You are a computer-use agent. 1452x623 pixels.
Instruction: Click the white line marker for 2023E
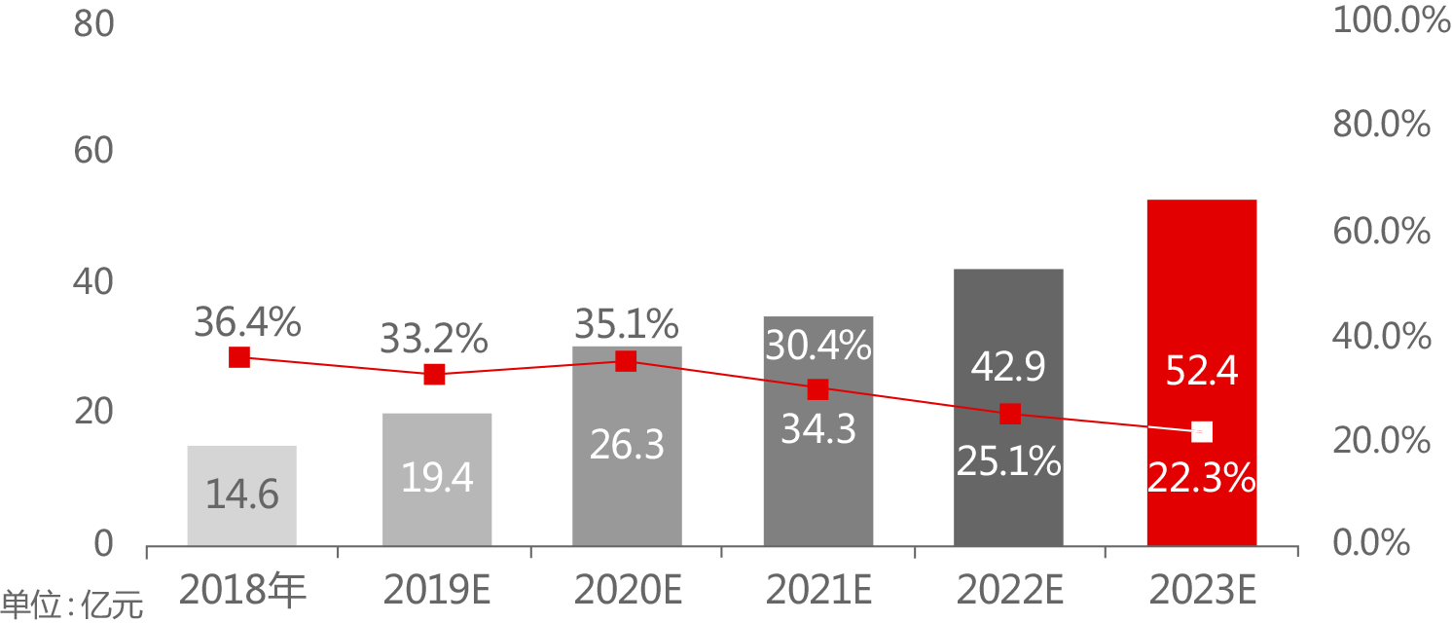pos(1202,431)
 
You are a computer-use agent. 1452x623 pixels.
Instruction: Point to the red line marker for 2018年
pos(239,357)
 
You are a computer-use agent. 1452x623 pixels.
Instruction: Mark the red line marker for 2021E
pos(817,389)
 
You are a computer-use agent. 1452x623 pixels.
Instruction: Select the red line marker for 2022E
pos(1010,414)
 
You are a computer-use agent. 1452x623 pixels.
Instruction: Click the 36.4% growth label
pos(247,322)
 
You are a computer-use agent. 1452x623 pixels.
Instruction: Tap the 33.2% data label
pos(434,340)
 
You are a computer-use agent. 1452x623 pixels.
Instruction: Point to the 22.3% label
pos(1201,477)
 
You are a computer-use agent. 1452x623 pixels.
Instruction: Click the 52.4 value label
pos(1202,371)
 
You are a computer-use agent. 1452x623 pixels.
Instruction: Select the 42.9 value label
pos(1008,368)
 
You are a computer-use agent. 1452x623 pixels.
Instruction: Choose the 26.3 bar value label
pos(627,445)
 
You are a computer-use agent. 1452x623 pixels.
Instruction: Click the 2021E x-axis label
pos(817,589)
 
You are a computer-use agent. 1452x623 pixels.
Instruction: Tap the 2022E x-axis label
pos(1009,589)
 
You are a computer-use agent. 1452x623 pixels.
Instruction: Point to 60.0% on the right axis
pos(1381,232)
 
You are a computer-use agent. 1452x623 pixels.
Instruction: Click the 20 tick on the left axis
pos(94,412)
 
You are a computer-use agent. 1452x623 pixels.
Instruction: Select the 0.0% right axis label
pos(1371,543)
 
